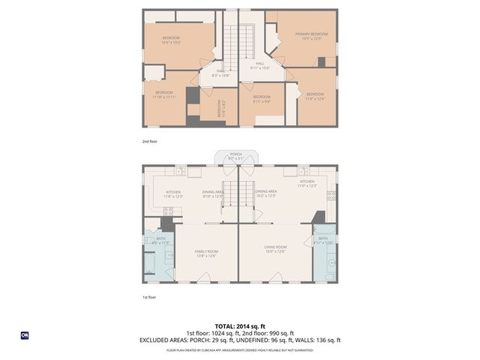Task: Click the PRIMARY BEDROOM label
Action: tap(311, 36)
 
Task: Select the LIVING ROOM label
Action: tap(275, 249)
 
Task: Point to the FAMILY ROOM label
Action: tap(206, 253)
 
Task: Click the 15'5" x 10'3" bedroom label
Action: tap(172, 40)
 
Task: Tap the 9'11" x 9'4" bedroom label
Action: tap(261, 98)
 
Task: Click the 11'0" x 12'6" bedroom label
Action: tap(315, 95)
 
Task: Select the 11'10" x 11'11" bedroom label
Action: tap(163, 94)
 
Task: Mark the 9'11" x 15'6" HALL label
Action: tap(259, 66)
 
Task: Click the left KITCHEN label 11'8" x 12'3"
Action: tap(173, 193)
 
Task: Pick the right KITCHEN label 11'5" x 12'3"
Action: tap(307, 183)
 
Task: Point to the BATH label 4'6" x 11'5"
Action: tap(161, 241)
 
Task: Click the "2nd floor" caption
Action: tap(150, 141)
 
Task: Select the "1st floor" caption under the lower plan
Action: tap(150, 297)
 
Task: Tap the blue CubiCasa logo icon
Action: tap(24, 335)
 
